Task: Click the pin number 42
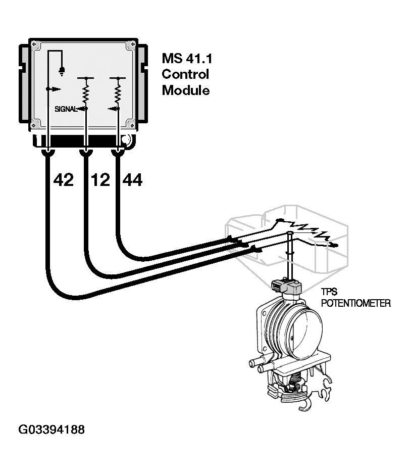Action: tap(63, 179)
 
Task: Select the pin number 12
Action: tap(100, 179)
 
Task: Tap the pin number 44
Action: tap(132, 179)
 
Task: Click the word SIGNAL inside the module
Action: tap(66, 109)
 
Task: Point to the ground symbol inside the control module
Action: tap(62, 70)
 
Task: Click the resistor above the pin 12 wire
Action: tap(86, 93)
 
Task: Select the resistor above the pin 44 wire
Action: tap(118, 93)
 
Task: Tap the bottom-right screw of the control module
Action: tap(131, 124)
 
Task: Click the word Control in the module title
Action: tap(185, 74)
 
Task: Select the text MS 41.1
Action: tap(187, 58)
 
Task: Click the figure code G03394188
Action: tap(52, 430)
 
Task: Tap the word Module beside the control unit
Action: tap(185, 91)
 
